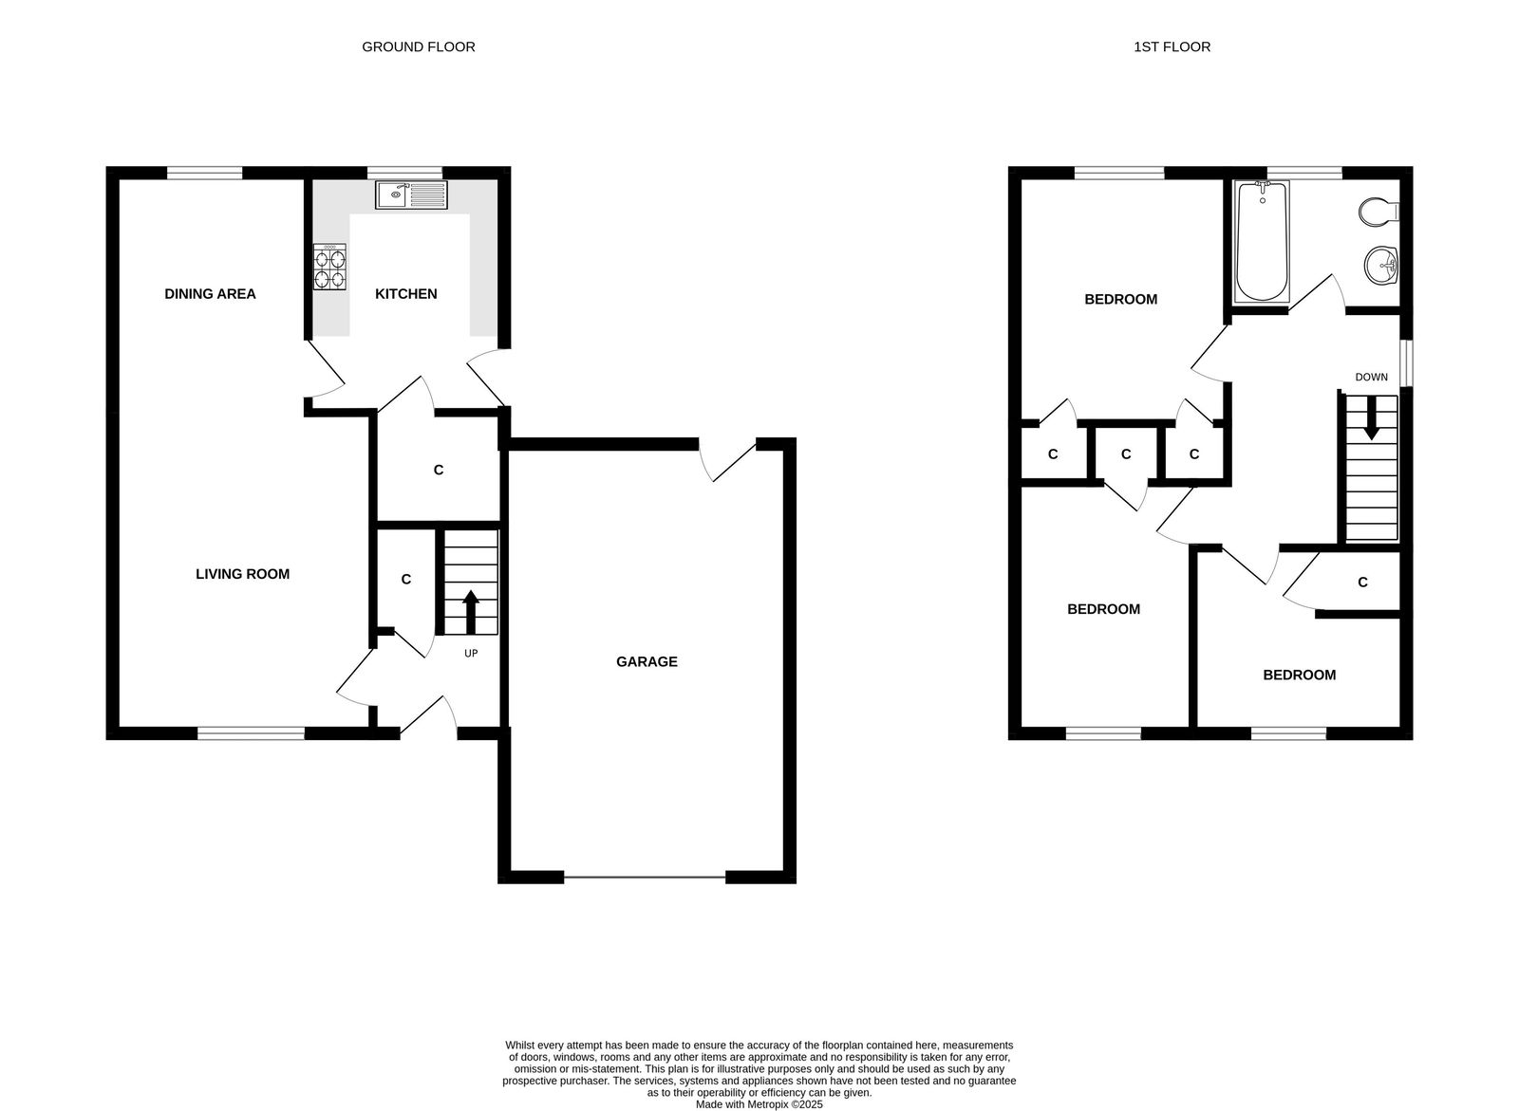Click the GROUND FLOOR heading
pos(418,46)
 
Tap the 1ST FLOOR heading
pos(1172,46)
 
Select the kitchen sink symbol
pos(412,195)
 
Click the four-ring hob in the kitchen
pos(329,267)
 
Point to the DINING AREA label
pos(210,294)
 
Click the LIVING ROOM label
pos(242,574)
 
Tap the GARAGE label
pos(647,662)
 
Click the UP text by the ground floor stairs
pos(471,654)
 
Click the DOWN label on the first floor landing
pos(1371,378)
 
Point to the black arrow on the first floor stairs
pos(1371,418)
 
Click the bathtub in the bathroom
pos(1261,242)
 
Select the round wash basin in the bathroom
pos(1381,265)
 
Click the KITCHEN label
pos(406,294)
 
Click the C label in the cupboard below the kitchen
pos(438,470)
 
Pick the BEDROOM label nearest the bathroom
pos(1120,300)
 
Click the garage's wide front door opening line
pos(646,878)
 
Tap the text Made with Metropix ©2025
pos(759,1104)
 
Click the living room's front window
pos(251,731)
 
